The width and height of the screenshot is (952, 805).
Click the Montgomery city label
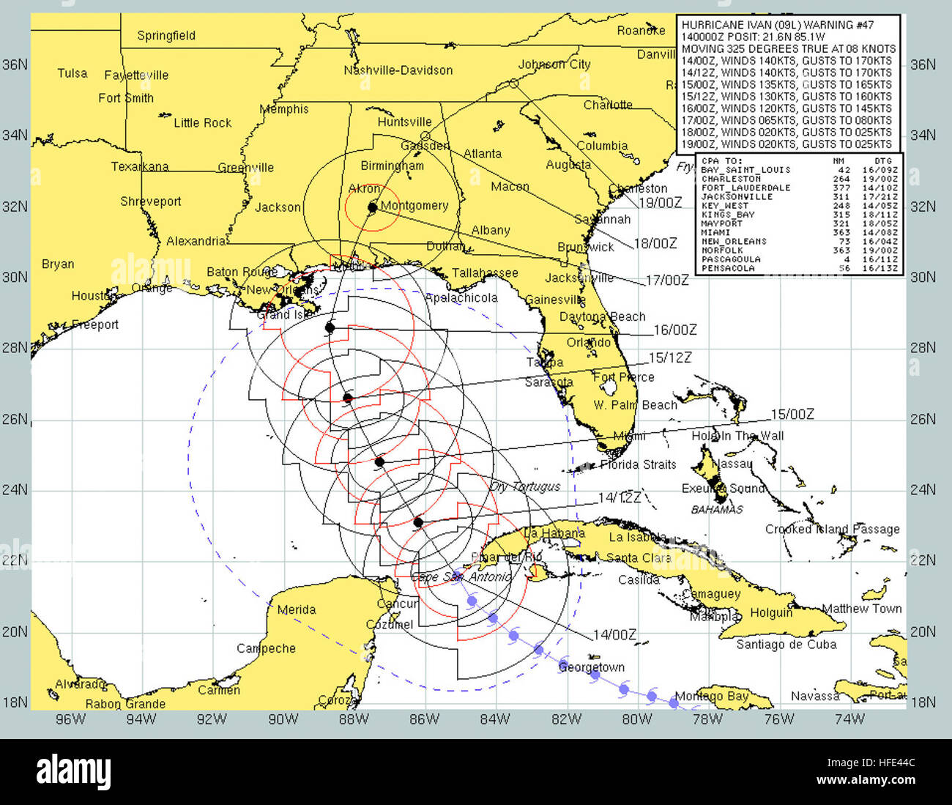coord(414,205)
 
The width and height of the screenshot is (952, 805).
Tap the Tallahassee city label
coord(484,273)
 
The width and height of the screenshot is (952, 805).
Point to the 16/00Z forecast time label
coord(674,330)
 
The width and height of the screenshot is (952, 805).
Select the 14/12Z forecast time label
coord(619,498)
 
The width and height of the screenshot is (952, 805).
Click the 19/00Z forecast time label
coord(660,202)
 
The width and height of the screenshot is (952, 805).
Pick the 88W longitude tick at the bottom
coord(354,719)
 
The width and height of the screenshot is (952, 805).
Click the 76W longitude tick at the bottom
coord(778,719)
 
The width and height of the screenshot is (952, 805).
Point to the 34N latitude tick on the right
coord(923,136)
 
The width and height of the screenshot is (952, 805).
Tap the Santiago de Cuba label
coord(786,645)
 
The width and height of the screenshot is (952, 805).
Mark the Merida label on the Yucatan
coord(297,609)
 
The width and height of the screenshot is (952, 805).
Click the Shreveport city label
coord(150,201)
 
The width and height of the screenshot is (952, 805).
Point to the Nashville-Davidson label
coord(398,70)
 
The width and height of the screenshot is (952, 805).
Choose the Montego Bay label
coord(711,696)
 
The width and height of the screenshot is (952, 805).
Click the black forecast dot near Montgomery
coord(372,207)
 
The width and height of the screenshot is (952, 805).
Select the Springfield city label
coord(166,35)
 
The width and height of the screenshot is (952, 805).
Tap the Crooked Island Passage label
coord(832,529)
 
